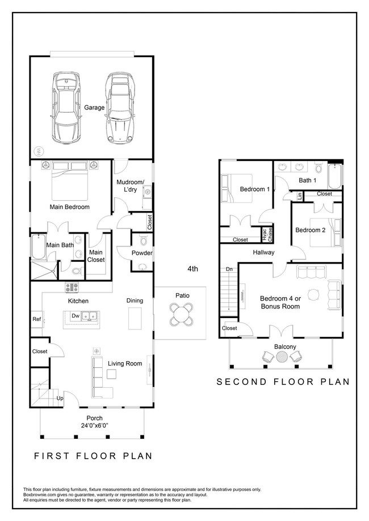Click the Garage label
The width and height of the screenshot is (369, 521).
pos(94,108)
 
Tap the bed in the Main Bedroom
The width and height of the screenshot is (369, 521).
pos(70,181)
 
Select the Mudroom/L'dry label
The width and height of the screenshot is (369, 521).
pos(130,186)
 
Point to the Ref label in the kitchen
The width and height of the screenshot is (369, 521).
pos(36,319)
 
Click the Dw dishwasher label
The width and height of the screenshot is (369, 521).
pos(76,316)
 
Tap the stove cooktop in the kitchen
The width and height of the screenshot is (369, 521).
pos(72,287)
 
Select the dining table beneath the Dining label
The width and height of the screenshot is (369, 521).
pos(135,318)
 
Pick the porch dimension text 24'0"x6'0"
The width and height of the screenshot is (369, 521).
pos(95,425)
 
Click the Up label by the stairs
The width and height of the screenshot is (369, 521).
pos(60,398)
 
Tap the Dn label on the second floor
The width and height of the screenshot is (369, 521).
pos(229,269)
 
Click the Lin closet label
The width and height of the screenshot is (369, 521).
pos(299,196)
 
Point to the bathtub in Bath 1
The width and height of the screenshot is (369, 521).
pos(334,176)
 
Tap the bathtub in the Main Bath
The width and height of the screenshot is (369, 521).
pos(38,247)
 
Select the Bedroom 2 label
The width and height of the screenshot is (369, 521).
pos(311,230)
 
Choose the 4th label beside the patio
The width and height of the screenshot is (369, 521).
pos(192,269)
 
